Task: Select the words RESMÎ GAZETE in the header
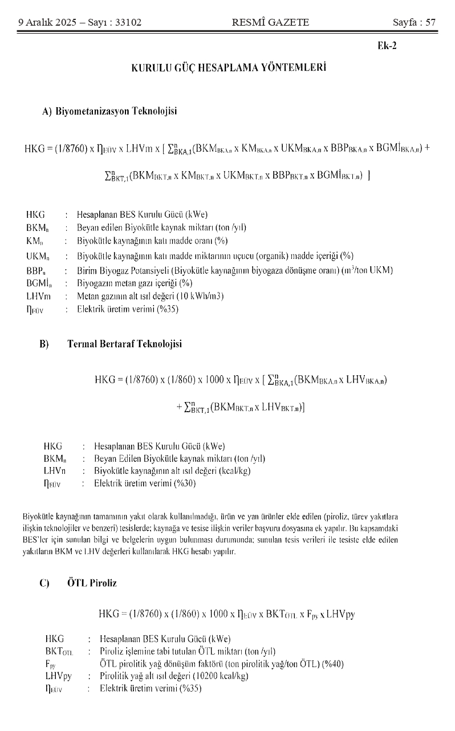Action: coord(271,23)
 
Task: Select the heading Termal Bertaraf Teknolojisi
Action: coord(124,344)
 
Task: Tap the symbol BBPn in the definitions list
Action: coord(35,271)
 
